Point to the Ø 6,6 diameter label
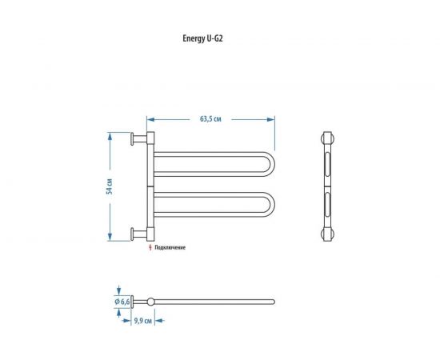[x=122, y=300]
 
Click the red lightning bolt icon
[x=150, y=247]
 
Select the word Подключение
[x=170, y=247]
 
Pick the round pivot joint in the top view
[x=150, y=302]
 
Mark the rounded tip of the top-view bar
[x=272, y=302]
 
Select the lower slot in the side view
[x=326, y=206]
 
